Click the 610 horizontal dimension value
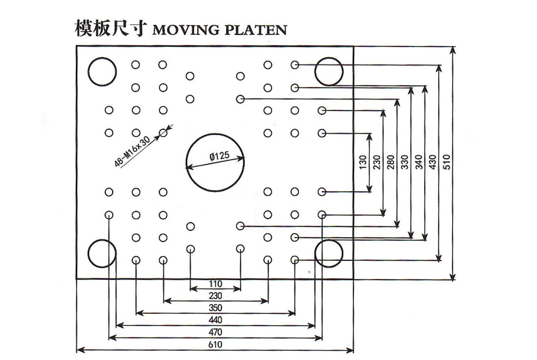(215, 344)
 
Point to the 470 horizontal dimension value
(215, 332)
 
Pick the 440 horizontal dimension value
(215, 320)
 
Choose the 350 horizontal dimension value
(215, 307)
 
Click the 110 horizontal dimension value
(215, 283)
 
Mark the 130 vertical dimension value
(362, 161)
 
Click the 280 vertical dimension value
(390, 161)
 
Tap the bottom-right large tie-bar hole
(329, 253)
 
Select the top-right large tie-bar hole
(329, 71)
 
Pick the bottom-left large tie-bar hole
(103, 253)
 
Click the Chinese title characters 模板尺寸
(110, 29)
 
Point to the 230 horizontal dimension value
(215, 296)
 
